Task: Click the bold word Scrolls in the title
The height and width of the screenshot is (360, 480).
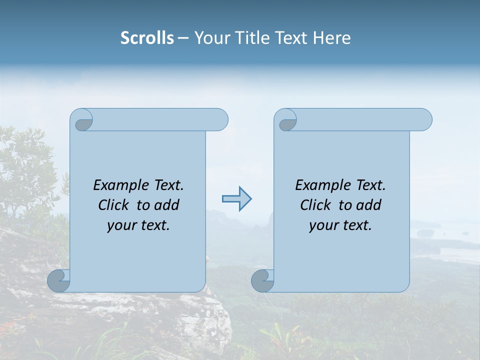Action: click(147, 38)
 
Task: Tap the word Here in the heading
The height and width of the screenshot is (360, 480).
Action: click(331, 38)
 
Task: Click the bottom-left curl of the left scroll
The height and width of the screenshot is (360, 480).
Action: click(58, 280)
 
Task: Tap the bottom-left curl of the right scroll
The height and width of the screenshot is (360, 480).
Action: click(262, 280)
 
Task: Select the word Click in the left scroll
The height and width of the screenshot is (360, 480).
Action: click(114, 205)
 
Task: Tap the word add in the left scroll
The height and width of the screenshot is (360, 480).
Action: click(166, 205)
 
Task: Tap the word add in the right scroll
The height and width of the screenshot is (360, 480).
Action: click(368, 205)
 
